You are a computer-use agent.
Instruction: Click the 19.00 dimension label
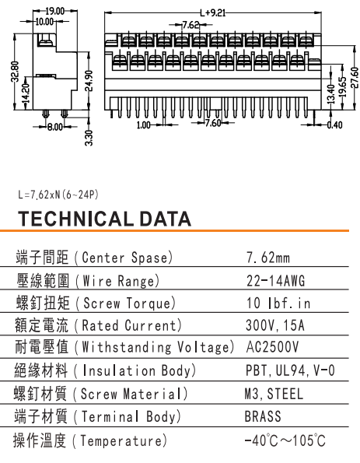click(55, 11)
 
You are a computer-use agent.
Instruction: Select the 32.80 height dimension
click(16, 72)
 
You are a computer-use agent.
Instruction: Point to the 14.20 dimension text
click(26, 93)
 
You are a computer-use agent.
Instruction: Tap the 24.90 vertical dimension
click(90, 81)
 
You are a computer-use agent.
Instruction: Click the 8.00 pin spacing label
click(55, 128)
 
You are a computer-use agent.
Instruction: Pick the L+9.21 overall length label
click(212, 13)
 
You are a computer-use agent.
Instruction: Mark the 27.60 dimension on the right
click(355, 78)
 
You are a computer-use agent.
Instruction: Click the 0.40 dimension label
click(335, 125)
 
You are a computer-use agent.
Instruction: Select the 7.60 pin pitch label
click(213, 122)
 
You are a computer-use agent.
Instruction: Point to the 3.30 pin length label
click(89, 138)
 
